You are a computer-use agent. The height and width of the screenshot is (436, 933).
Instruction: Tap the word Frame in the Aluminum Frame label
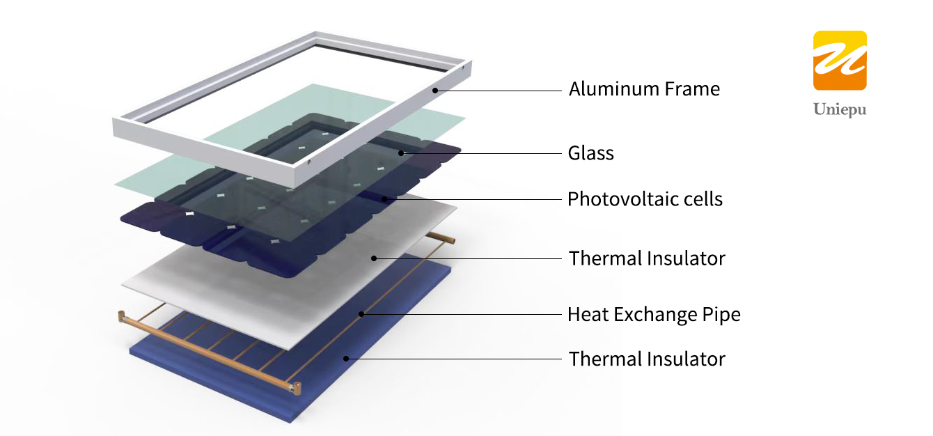point(692,88)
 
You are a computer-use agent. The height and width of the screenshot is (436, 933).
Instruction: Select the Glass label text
point(591,153)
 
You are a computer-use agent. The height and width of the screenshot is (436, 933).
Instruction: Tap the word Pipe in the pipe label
point(722,315)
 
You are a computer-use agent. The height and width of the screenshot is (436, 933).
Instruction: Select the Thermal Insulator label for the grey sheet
point(647,258)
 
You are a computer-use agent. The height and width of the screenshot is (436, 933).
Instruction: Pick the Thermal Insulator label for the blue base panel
point(647,359)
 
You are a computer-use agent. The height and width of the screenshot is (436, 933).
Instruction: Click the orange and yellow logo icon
point(840,61)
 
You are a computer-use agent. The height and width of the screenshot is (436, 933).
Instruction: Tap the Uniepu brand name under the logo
point(840,109)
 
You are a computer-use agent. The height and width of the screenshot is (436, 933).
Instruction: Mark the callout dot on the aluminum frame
point(435,91)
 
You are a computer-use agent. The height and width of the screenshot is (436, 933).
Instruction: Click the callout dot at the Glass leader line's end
point(401,153)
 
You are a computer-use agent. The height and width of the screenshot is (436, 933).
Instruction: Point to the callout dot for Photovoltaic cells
point(384,199)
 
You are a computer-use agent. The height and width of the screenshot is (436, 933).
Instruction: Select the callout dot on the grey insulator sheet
point(374,258)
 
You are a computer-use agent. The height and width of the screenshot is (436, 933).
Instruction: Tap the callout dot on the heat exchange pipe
point(361,314)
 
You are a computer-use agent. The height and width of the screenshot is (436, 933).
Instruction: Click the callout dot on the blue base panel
point(346,359)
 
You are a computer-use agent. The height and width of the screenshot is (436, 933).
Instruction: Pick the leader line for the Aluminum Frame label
point(499,91)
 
